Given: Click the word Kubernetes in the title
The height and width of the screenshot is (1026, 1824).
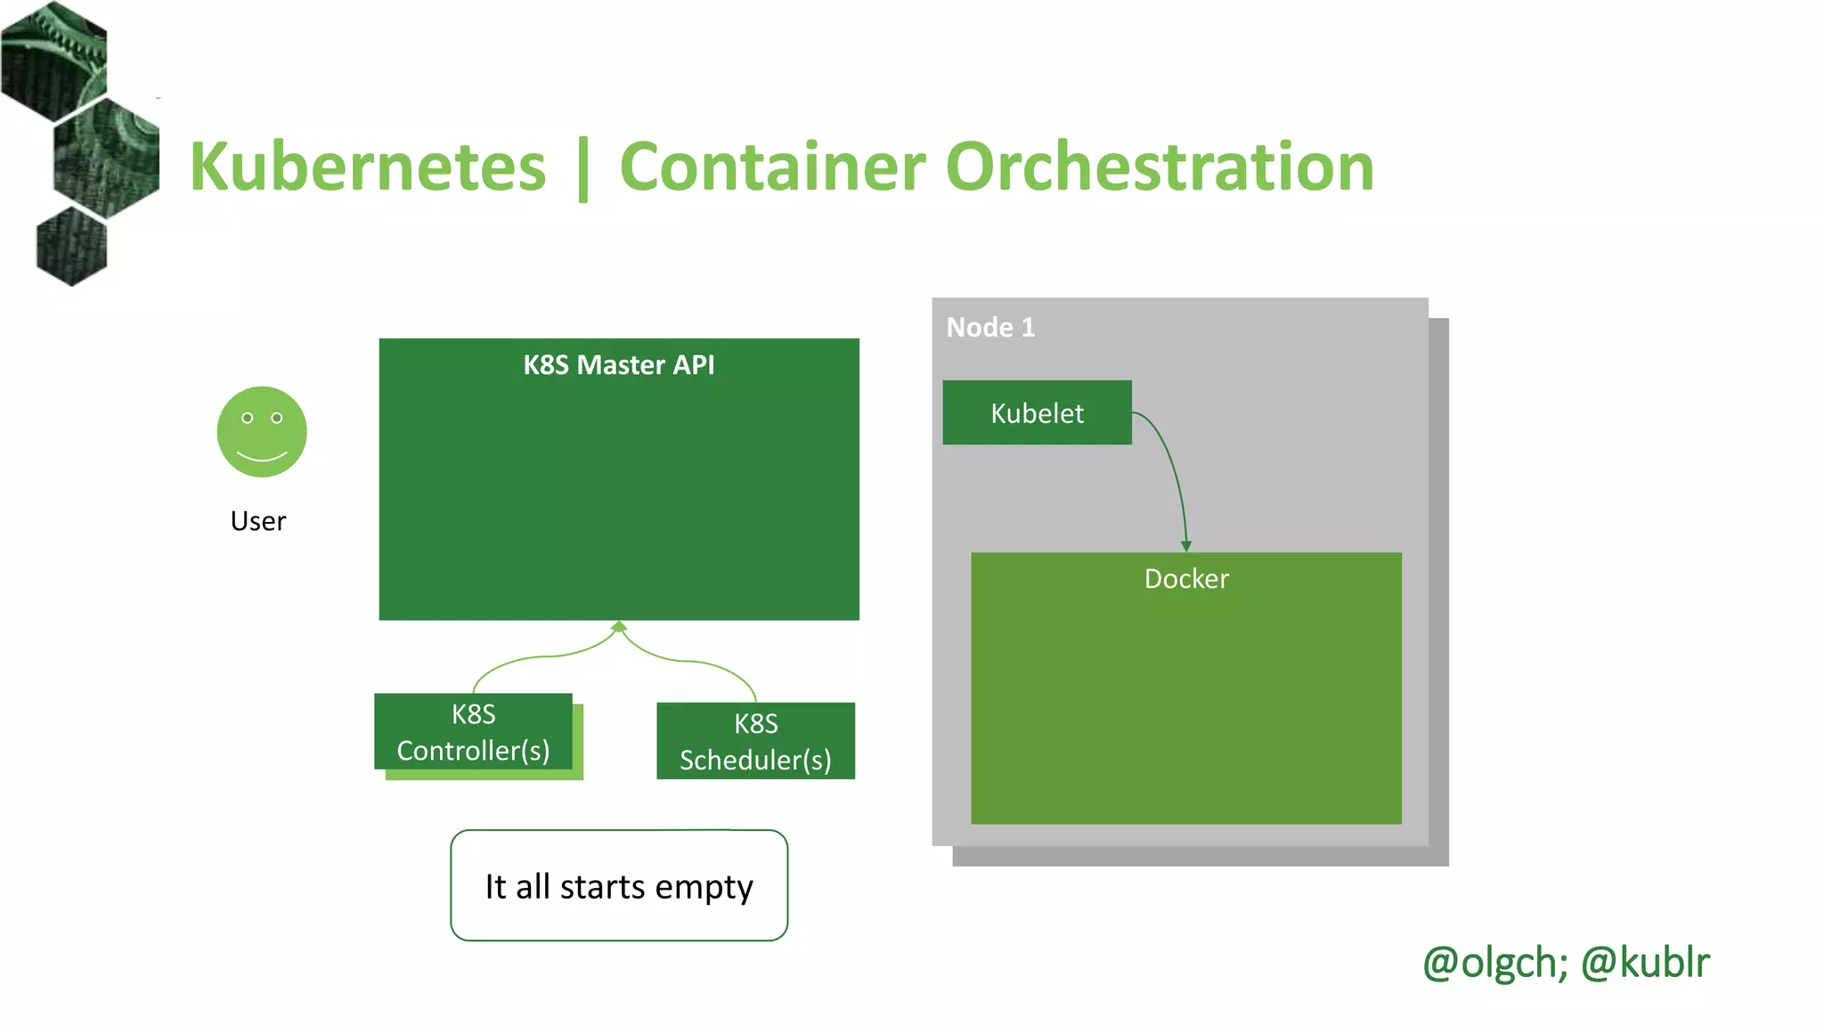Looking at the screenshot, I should click(x=367, y=167).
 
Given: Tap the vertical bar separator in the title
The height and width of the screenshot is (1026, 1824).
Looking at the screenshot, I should click(x=583, y=169).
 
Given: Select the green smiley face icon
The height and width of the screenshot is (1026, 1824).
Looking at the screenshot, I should click(x=262, y=432).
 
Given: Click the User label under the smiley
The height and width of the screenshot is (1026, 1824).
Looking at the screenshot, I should click(x=258, y=521).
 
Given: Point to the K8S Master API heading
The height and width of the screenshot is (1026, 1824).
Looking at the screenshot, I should click(x=618, y=365).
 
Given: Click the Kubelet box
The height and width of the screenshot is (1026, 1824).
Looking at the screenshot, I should click(x=1037, y=413).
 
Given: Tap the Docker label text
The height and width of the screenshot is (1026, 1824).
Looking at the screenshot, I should click(x=1185, y=579).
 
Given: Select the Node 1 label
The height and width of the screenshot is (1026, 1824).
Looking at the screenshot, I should click(x=990, y=328).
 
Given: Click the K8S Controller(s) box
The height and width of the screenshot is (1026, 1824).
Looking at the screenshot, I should click(x=473, y=732).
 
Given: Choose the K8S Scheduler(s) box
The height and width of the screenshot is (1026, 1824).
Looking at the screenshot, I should click(x=755, y=741).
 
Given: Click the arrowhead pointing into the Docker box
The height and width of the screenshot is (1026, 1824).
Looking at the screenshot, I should click(x=1185, y=546).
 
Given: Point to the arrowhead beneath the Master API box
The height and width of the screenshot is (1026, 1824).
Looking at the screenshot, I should click(x=619, y=627).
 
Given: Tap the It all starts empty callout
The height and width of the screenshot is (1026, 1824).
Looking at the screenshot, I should click(x=619, y=885).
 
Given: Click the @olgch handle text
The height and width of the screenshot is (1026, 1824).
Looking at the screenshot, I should click(x=1496, y=963).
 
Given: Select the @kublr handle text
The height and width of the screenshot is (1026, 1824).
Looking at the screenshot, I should click(x=1646, y=963).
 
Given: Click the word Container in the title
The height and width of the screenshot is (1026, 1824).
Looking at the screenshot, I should click(x=772, y=167).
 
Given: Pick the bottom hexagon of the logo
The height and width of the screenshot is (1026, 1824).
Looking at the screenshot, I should click(x=72, y=247).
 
